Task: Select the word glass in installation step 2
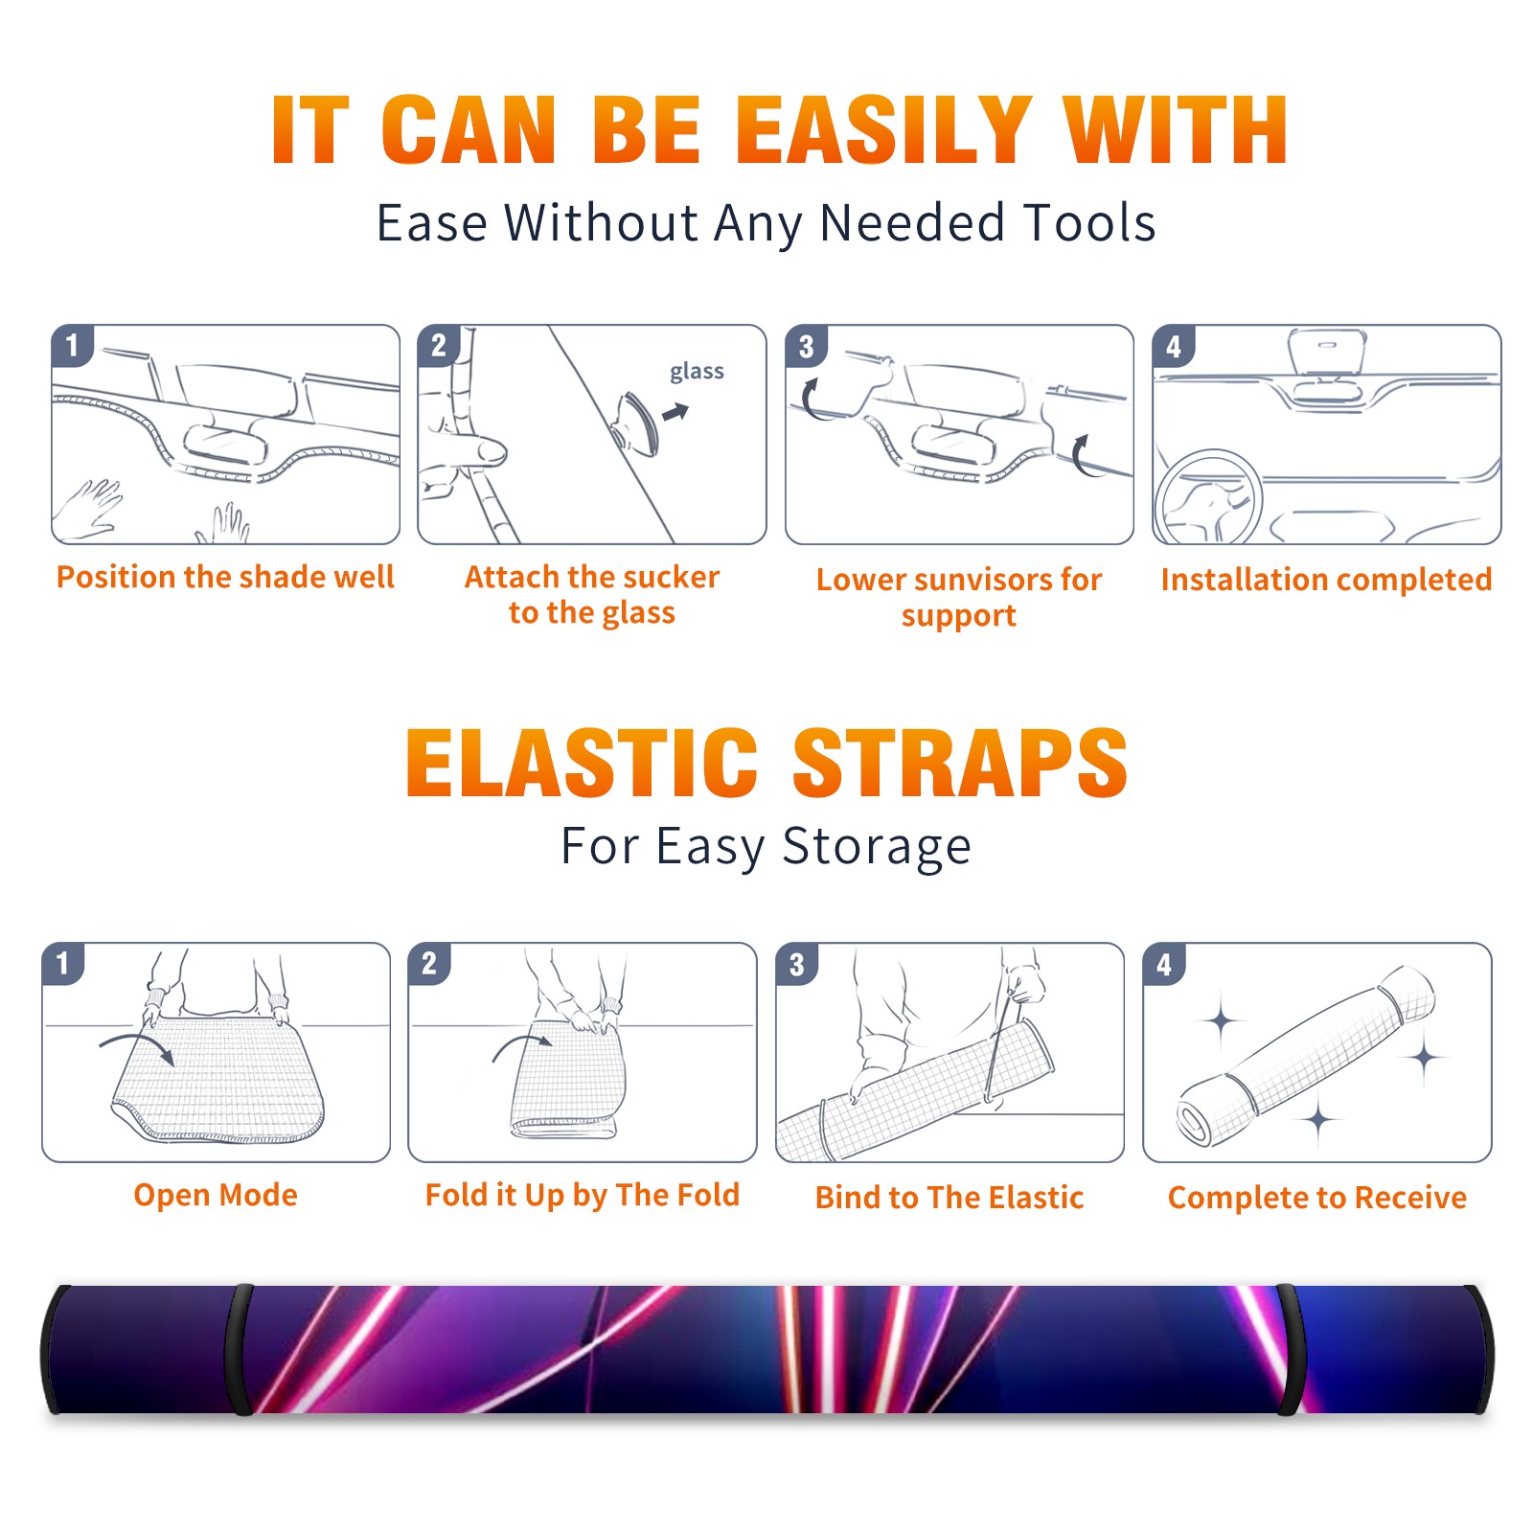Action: point(697,371)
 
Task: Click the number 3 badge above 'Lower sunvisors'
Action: point(806,346)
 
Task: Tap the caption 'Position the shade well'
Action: point(225,577)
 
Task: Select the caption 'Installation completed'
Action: point(1326,580)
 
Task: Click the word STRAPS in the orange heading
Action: point(960,763)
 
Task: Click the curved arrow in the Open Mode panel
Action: point(137,1044)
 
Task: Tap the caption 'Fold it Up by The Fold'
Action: point(583,1195)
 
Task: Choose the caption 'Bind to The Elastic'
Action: point(950,1198)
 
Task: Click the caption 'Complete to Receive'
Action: point(1317,1198)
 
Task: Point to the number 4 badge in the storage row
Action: point(1164,964)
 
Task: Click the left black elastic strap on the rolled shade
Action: point(239,1349)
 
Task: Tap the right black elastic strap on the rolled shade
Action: point(1292,1349)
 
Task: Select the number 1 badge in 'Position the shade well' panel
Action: point(72,345)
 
